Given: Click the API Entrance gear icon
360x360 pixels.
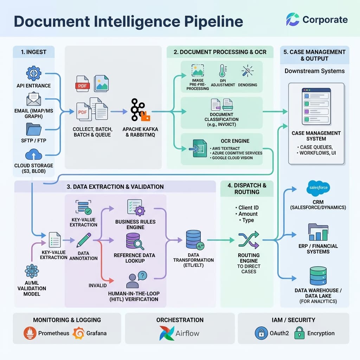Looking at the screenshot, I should (x=34, y=73).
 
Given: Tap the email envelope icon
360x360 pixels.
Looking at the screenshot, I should (x=34, y=99).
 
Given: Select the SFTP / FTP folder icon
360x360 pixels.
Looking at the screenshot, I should (x=34, y=129).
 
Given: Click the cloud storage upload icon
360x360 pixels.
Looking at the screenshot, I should (x=34, y=155).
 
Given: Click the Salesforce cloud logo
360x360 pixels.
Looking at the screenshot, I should (x=318, y=188).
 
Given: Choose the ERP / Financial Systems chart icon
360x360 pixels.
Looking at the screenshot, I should (x=318, y=232).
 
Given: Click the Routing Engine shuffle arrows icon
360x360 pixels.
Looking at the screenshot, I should (x=249, y=240).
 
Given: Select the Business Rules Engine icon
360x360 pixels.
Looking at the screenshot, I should (x=136, y=208).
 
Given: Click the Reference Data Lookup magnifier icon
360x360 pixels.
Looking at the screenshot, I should (x=135, y=242).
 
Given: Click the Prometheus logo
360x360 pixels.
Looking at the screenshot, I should (x=30, y=333).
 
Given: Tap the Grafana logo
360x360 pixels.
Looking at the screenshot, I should (x=78, y=333).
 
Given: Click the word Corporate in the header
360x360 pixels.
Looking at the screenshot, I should (x=325, y=20).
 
